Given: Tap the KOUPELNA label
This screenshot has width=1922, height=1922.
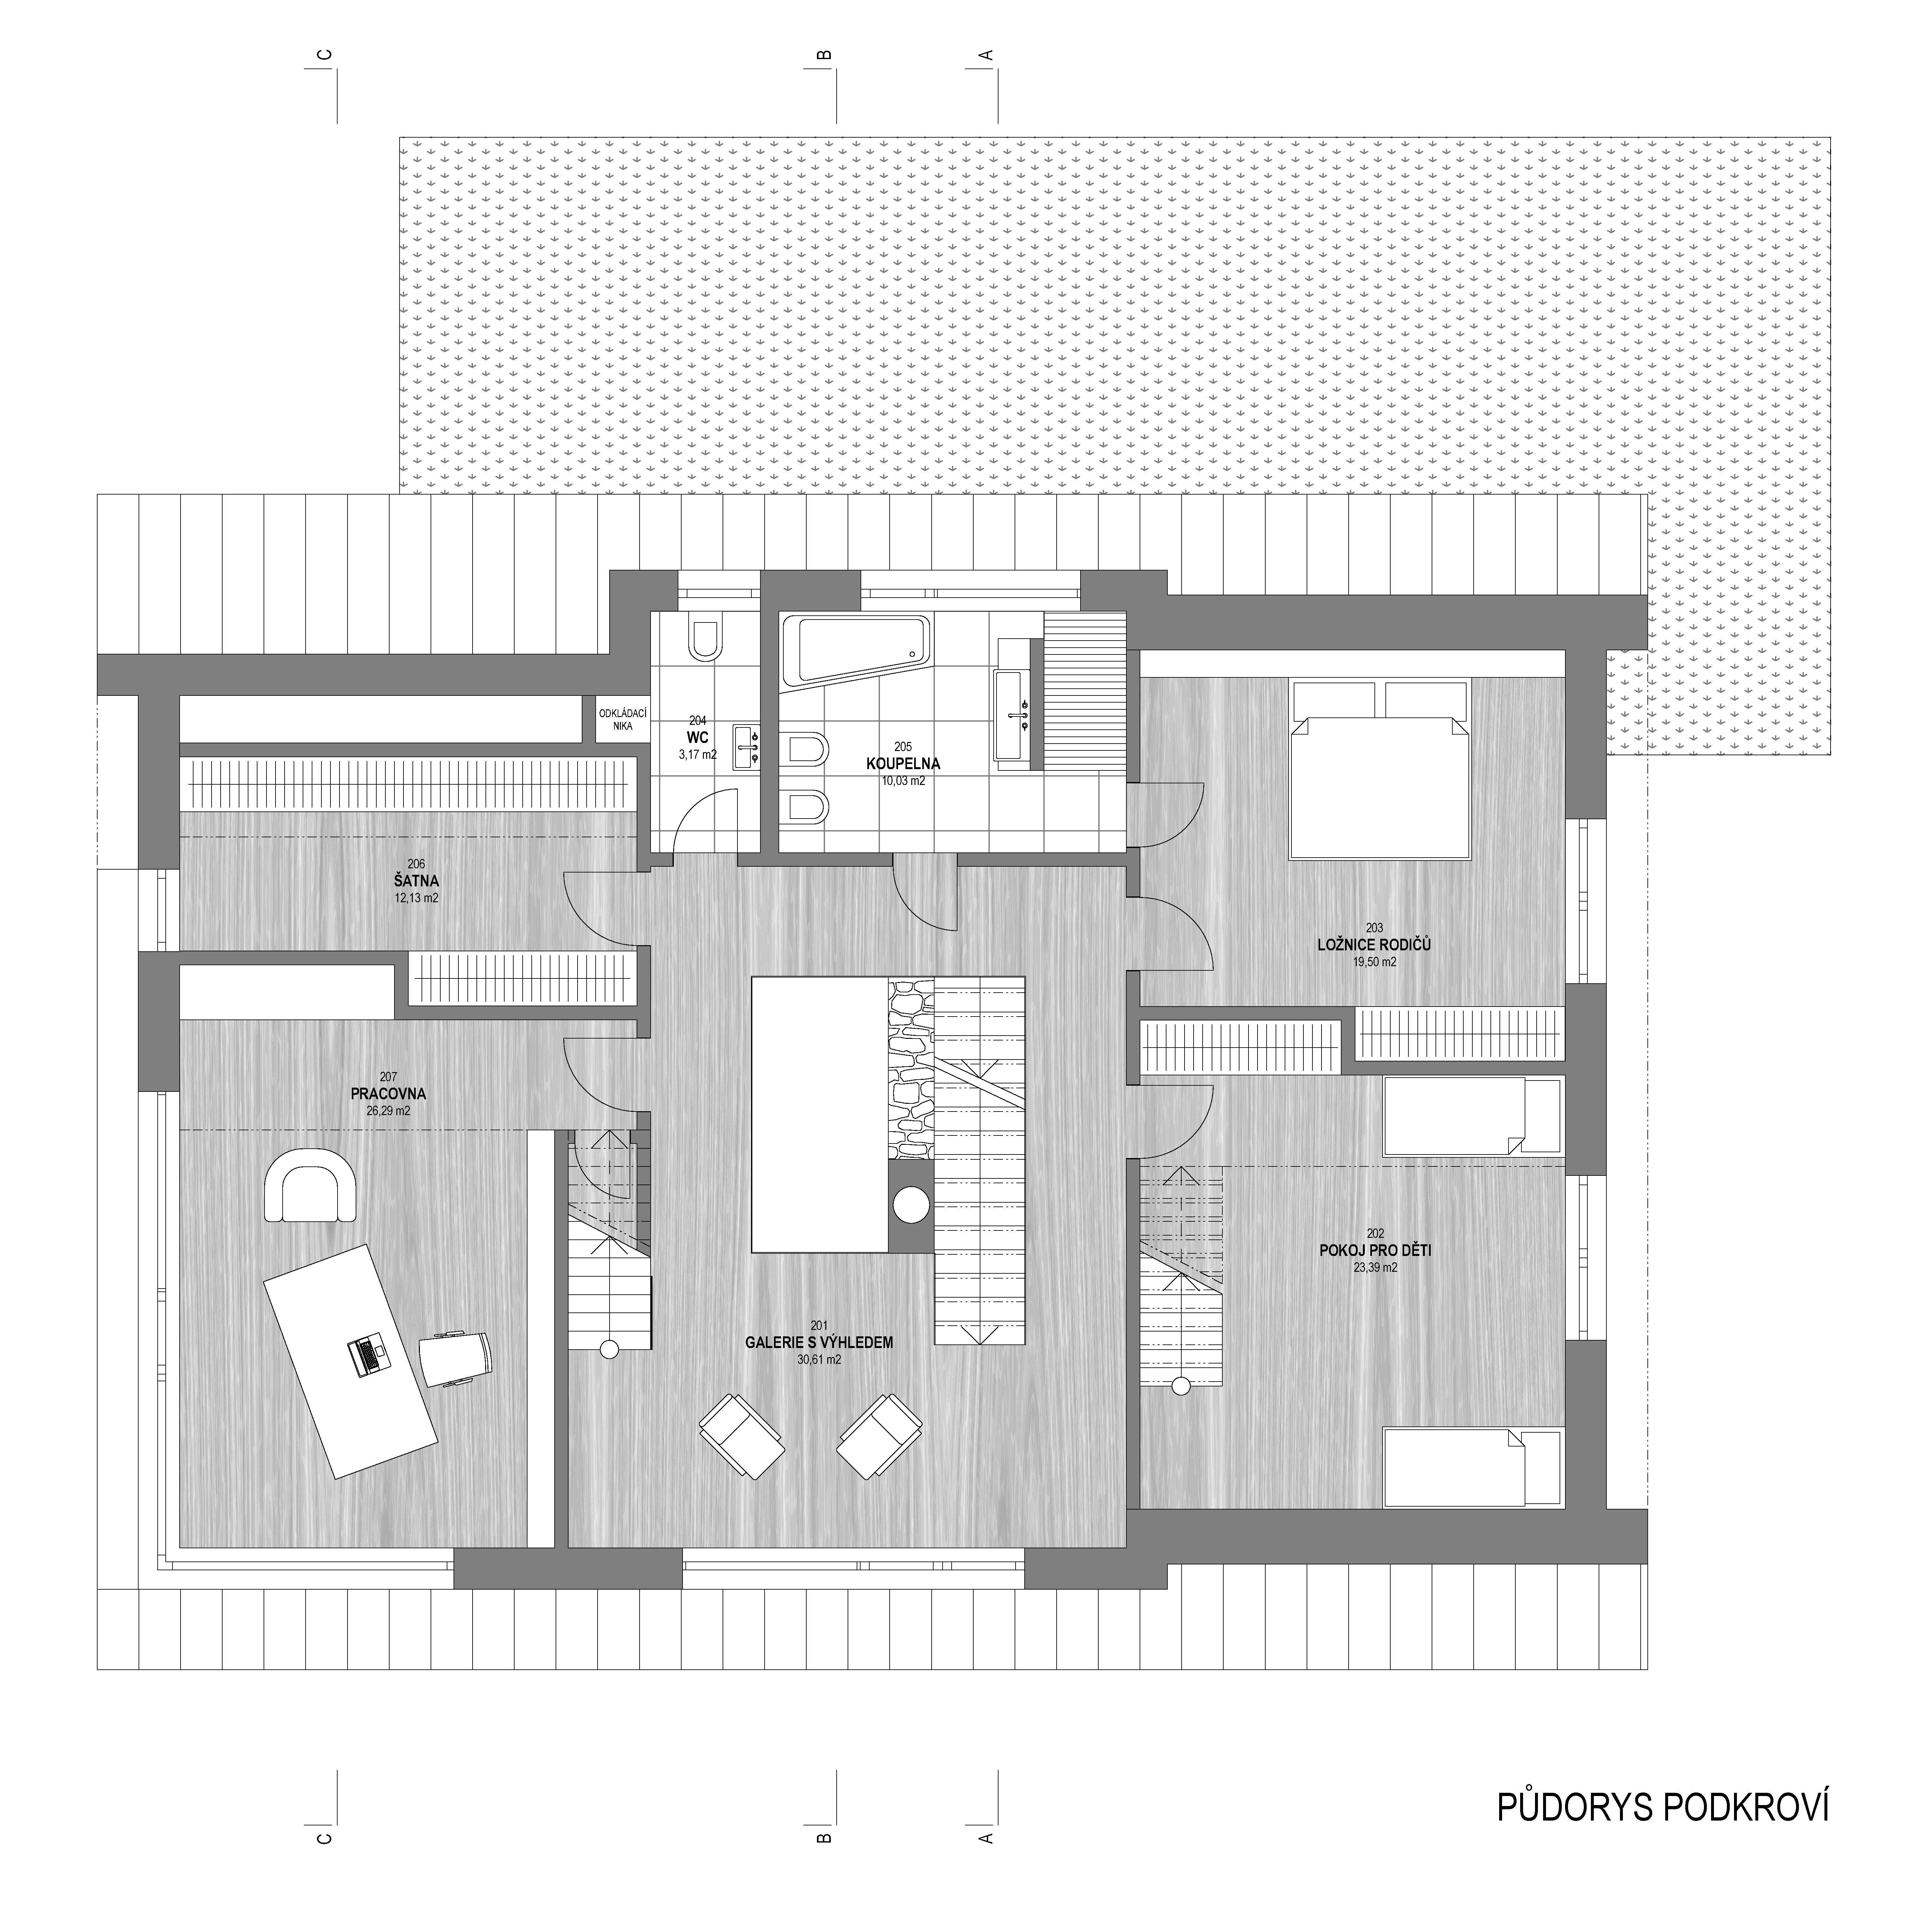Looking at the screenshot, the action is click(x=902, y=764).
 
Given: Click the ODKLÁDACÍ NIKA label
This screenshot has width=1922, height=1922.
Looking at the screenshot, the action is click(x=623, y=719).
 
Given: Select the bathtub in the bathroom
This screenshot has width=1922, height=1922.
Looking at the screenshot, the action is click(x=857, y=651).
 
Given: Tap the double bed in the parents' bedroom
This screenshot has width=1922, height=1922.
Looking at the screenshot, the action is click(x=1379, y=769).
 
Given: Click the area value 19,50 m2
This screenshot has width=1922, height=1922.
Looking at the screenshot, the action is click(x=1375, y=962).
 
